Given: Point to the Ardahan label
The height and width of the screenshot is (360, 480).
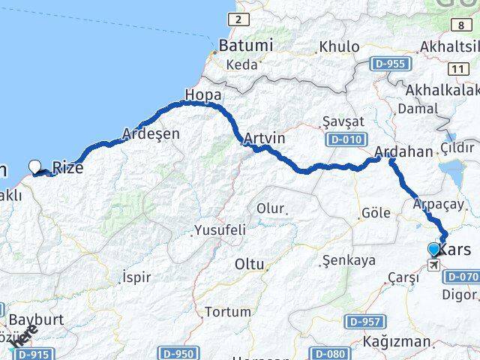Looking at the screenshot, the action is pos(404,151).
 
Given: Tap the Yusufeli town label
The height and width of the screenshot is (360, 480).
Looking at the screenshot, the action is pos(220,229).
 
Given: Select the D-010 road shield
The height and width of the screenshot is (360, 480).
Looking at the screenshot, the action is pos(344,139).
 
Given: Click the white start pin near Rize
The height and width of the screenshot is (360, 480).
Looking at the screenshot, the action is pos(35,166).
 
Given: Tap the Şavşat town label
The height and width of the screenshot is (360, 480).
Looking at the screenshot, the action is pos(336,121).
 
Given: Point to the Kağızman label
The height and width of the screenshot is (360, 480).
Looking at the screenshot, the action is pos(396,342).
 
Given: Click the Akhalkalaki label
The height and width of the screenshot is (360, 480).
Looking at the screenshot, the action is pos(442,90).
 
